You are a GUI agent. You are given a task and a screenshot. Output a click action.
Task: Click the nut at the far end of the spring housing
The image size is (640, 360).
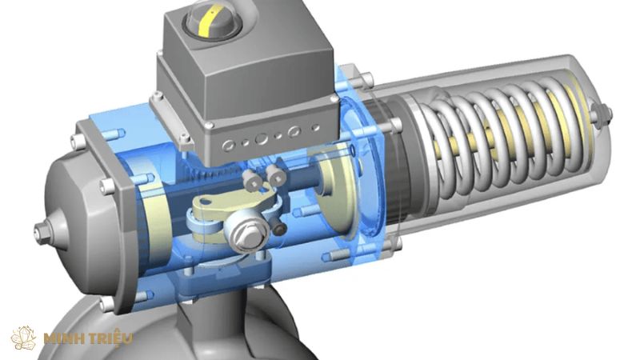[602, 114]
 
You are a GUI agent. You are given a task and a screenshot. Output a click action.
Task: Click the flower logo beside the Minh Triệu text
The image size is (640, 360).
[24, 338]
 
